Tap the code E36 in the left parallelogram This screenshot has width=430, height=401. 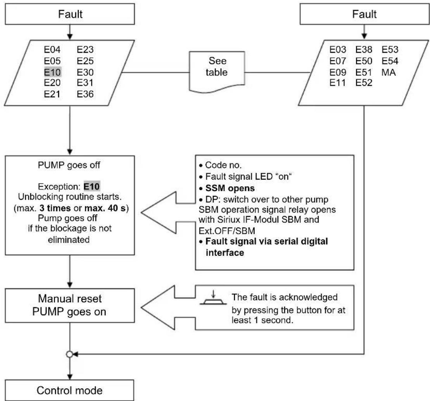85,94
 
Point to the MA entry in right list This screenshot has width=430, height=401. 389,72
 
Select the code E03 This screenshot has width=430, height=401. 337,50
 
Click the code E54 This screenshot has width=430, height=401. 390,61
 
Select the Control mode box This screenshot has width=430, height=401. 70,390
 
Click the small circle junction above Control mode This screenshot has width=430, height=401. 70,354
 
